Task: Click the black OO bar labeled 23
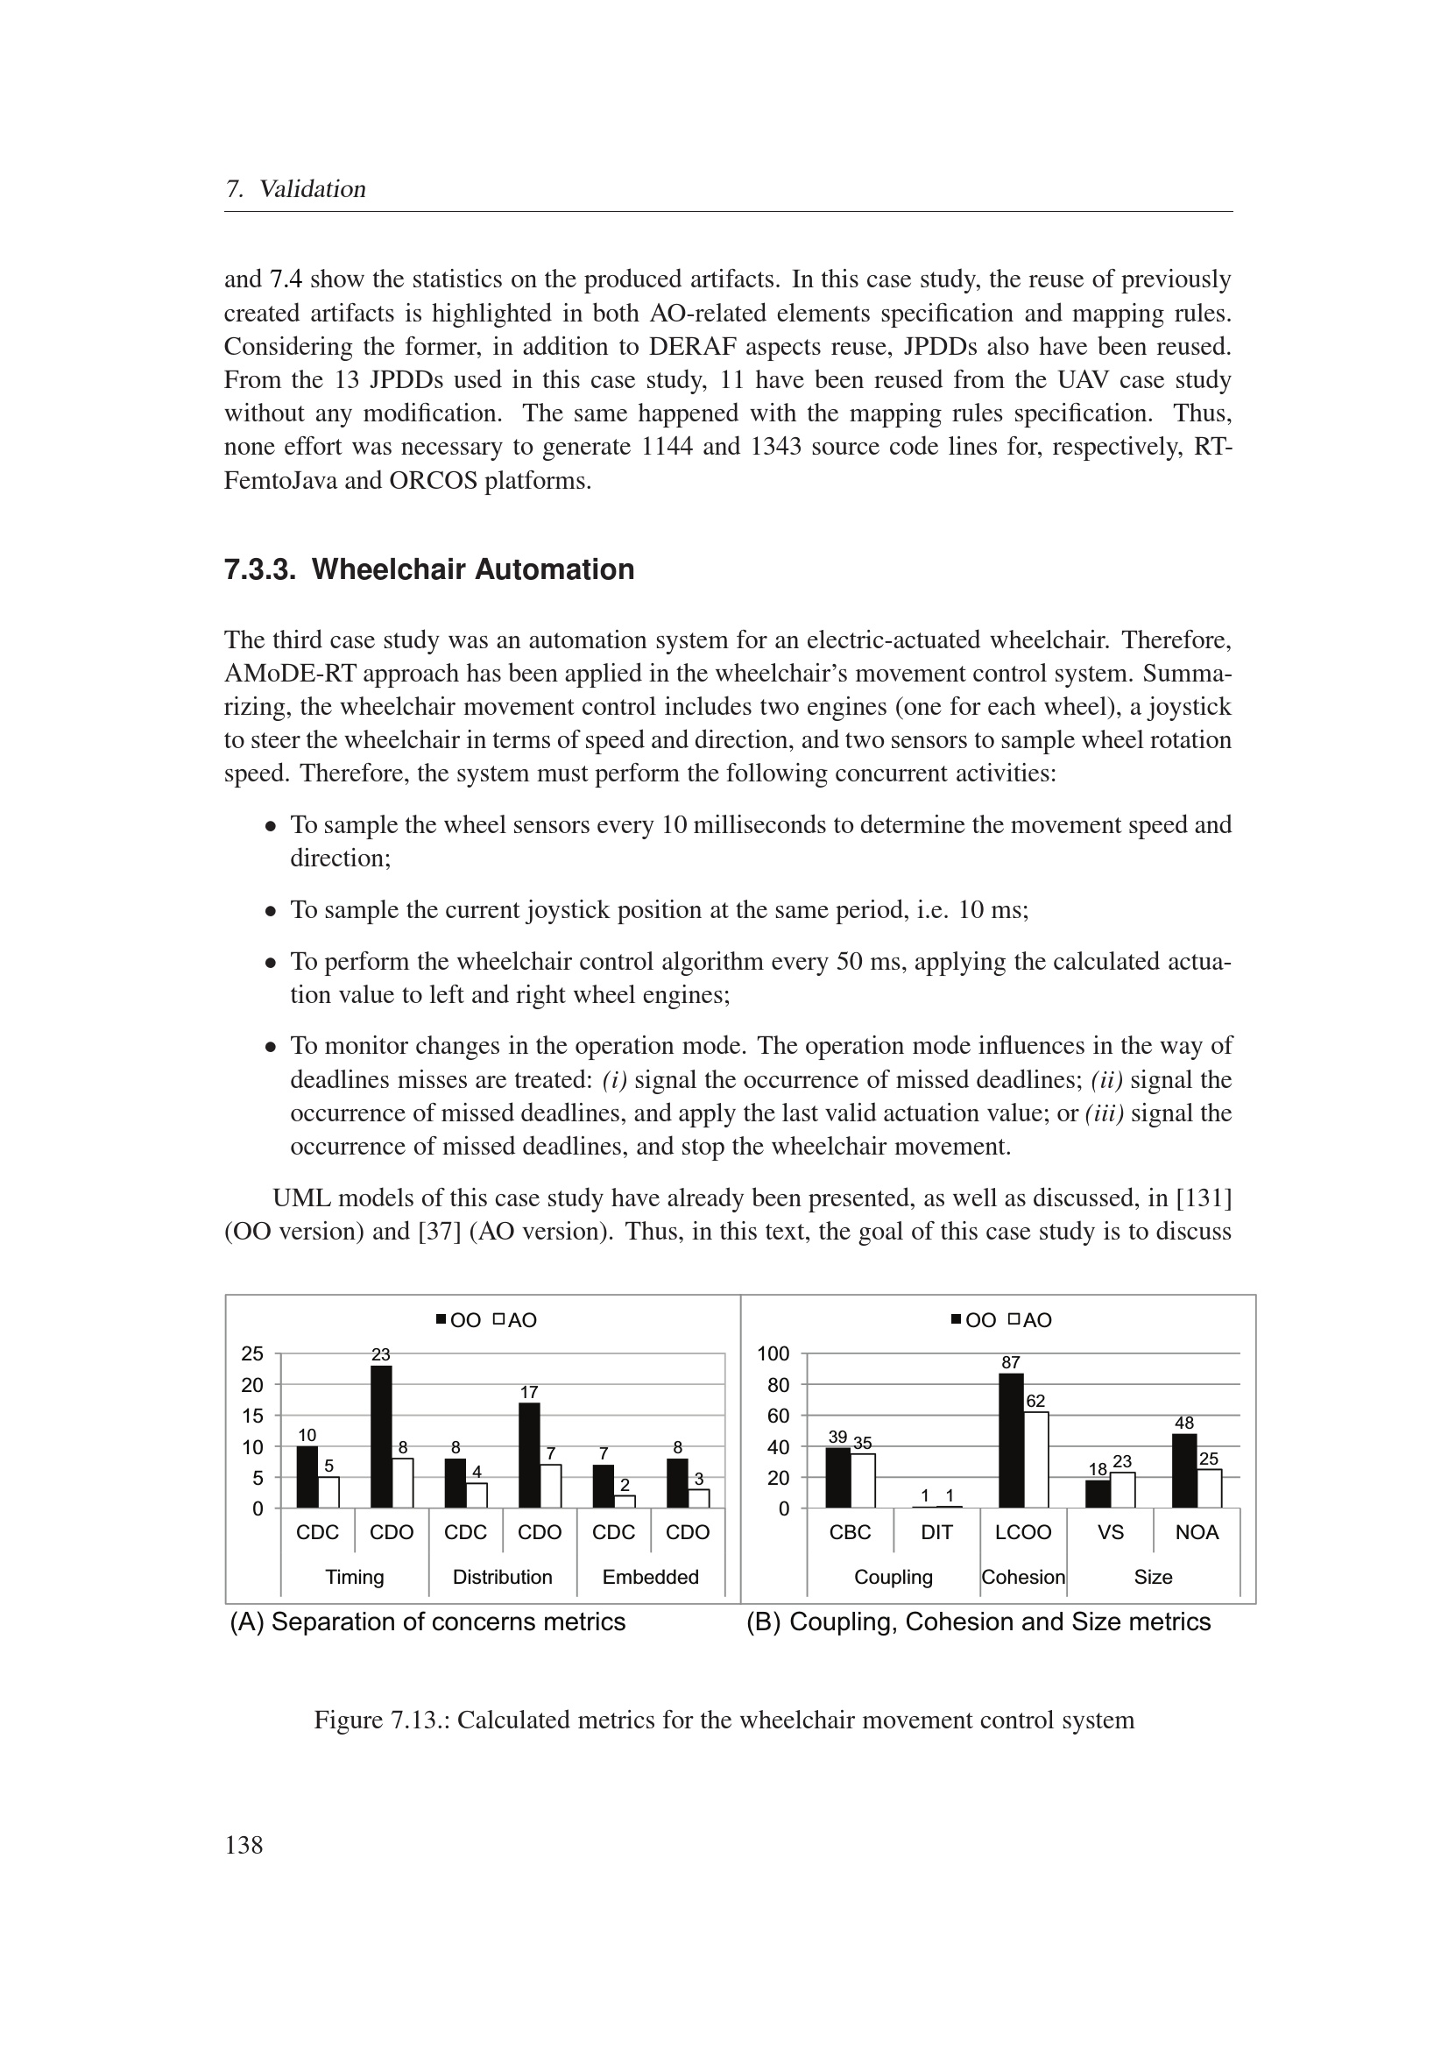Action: pyautogui.click(x=381, y=1436)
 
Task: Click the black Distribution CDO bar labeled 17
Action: pyautogui.click(x=529, y=1455)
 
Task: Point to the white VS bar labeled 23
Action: pyautogui.click(x=1122, y=1489)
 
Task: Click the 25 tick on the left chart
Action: pyautogui.click(x=252, y=1353)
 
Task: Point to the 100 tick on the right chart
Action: pyautogui.click(x=773, y=1353)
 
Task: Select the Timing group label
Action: pyautogui.click(x=354, y=1577)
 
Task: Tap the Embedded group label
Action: pyautogui.click(x=650, y=1577)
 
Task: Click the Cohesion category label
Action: pyautogui.click(x=1022, y=1577)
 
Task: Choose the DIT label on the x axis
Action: pyautogui.click(x=936, y=1532)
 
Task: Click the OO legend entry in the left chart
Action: pyautogui.click(x=459, y=1320)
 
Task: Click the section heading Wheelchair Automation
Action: pyautogui.click(x=473, y=569)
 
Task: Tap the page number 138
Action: pyautogui.click(x=244, y=1845)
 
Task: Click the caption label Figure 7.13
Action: pyautogui.click(x=381, y=1720)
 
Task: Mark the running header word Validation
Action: pyautogui.click(x=312, y=189)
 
